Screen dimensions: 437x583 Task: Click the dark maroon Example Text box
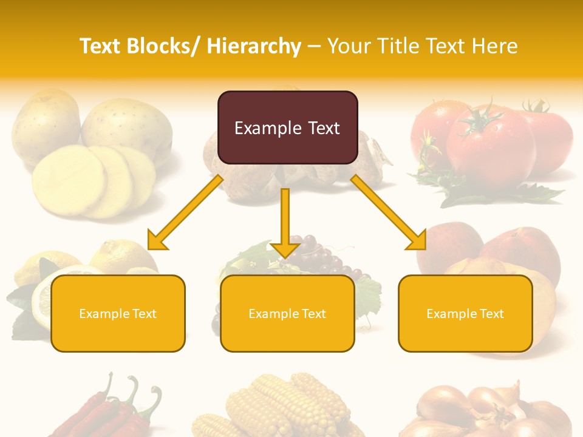point(287,127)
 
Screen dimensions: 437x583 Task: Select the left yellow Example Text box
point(118,313)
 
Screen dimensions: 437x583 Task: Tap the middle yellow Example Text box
point(287,313)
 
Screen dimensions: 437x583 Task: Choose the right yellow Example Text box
point(465,313)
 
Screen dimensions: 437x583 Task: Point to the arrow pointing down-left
point(185,212)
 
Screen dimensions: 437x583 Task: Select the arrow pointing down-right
point(389,212)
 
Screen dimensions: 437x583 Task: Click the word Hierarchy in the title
point(254,46)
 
